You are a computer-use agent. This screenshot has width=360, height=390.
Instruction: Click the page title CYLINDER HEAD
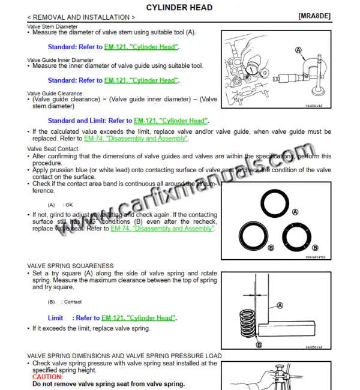pos(179,7)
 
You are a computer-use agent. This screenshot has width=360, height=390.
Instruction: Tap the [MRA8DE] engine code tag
pos(314,17)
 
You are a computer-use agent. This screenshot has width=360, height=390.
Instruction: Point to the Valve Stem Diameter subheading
pos(52,26)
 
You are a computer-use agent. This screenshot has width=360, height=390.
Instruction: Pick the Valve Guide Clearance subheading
pos(55,94)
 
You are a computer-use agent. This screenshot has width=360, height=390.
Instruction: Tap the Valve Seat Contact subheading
pos(53,148)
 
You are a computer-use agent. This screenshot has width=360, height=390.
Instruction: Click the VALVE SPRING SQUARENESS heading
pos(70,265)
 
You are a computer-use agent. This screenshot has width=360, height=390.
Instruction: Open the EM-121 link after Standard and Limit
pos(171,121)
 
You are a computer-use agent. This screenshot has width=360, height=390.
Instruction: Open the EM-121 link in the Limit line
pos(139,318)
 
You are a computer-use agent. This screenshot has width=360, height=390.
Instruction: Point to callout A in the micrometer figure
pos(298,50)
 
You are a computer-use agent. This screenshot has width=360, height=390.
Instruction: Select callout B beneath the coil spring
pos(259,344)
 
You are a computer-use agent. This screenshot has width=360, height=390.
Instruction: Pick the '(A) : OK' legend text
pos(60,205)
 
